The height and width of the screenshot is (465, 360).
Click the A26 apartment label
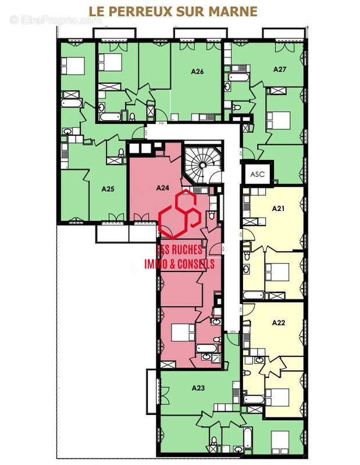[197, 72]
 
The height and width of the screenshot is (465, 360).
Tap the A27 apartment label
[280, 69]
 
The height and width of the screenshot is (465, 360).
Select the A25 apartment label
[108, 188]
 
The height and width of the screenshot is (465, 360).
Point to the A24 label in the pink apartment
[163, 188]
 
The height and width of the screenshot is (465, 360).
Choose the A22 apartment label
[278, 323]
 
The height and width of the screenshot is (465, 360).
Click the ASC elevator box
[256, 173]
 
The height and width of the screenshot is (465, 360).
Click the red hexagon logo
[180, 214]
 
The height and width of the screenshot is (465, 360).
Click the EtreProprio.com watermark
[56, 20]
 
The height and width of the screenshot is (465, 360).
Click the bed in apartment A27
[278, 119]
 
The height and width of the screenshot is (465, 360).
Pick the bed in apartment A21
[276, 271]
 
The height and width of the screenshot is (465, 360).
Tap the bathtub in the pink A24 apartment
[207, 349]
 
